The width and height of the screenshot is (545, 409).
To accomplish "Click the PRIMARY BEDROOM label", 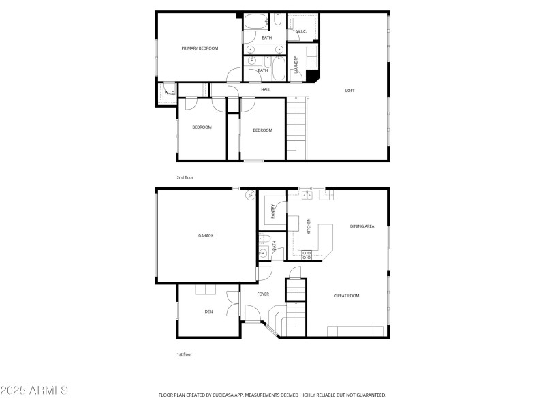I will (200, 48).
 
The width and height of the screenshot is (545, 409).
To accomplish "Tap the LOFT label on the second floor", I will (349, 90).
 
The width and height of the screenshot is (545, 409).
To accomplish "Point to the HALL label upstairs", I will (266, 89).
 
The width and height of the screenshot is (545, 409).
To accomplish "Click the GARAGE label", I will (206, 236).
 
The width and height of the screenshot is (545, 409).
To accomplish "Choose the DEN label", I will (208, 312).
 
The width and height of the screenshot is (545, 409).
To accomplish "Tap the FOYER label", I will (263, 294).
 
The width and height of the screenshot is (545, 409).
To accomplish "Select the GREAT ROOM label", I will (347, 296).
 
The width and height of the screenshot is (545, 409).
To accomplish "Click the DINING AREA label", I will (362, 226).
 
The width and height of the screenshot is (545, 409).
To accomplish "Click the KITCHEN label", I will (309, 227).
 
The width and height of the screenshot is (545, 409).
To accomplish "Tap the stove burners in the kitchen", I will (307, 255).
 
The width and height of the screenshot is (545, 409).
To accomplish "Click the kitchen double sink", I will (307, 196).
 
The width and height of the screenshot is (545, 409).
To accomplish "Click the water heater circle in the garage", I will (250, 195).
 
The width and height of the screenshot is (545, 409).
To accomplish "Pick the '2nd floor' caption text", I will (185, 177).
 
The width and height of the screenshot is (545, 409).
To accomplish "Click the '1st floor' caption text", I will (185, 354).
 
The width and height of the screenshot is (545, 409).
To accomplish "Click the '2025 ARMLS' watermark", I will (34, 391).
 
